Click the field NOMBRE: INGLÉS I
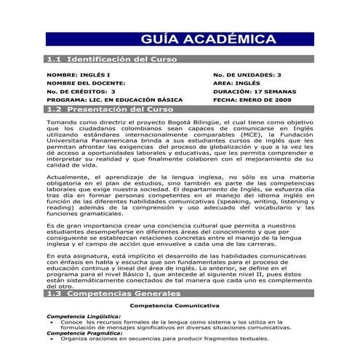click(x=79, y=75)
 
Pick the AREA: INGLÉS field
click(x=236, y=84)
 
